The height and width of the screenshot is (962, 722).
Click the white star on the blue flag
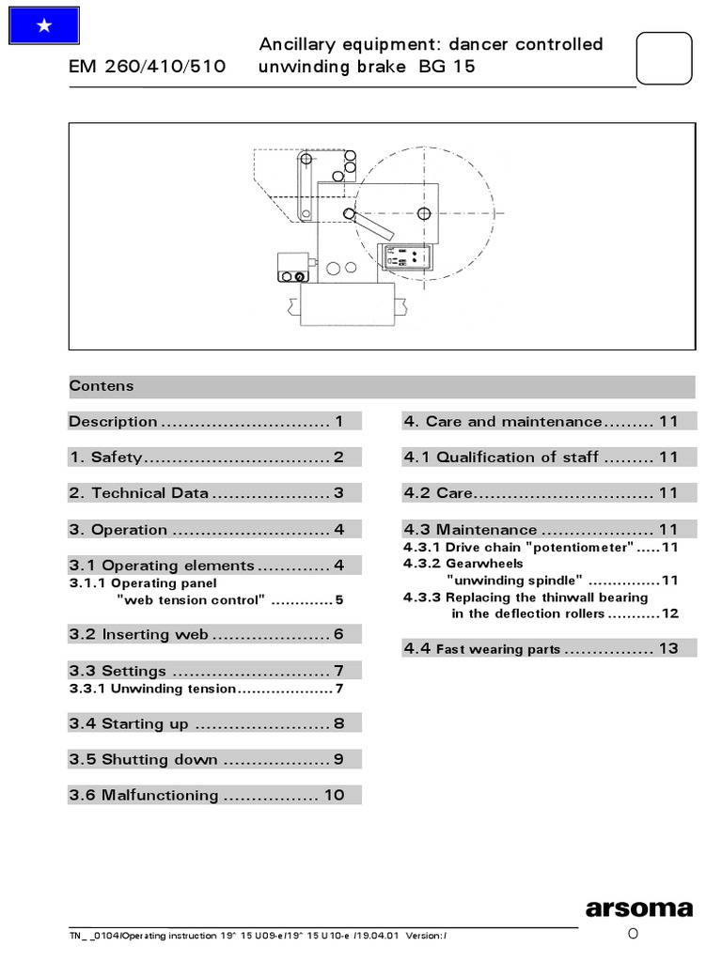point(43,27)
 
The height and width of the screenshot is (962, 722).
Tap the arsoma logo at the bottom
point(638,908)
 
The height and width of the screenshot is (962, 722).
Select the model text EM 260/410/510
point(147,68)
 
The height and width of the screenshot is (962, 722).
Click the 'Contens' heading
point(102,386)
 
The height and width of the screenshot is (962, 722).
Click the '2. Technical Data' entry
point(139,493)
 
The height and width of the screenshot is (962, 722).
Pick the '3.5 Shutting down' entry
point(143,760)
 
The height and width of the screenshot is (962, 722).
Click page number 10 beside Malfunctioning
point(334,796)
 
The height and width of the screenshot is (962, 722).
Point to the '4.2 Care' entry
point(439,493)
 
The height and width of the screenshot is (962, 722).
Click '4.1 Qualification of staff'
point(501,458)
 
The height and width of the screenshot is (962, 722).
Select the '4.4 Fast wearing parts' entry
point(482,649)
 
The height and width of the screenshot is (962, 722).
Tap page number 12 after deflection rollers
point(669,613)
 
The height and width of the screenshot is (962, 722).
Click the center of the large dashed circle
point(425,214)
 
